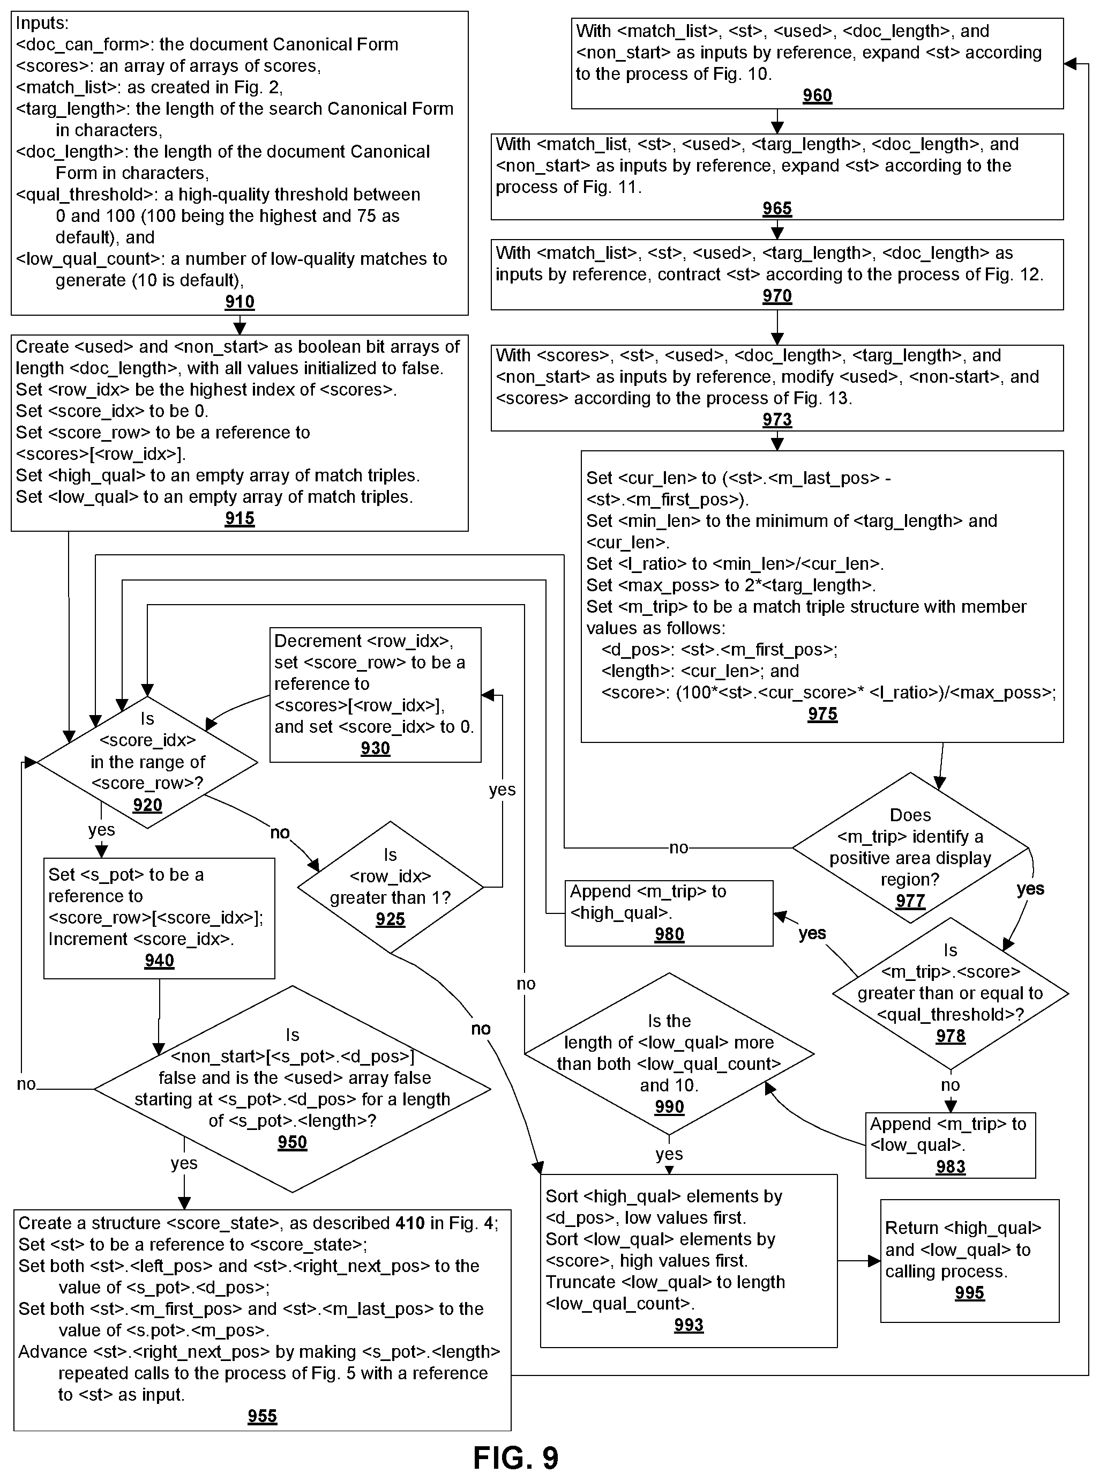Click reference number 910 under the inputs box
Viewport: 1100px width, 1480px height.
[x=240, y=302]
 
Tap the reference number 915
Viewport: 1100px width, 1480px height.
[x=240, y=518]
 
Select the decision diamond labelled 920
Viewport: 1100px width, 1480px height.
[x=147, y=762]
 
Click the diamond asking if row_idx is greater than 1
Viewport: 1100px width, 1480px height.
[x=390, y=887]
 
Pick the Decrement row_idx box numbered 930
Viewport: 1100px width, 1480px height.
[x=376, y=695]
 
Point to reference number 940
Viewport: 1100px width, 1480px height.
[x=159, y=961]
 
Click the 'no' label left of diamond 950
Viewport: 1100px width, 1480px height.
[x=26, y=1084]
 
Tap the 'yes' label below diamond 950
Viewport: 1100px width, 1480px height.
[x=184, y=1163]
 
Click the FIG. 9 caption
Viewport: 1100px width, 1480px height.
[x=516, y=1458]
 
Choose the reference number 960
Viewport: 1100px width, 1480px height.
[x=817, y=95]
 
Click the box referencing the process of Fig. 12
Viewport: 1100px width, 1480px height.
[x=777, y=274]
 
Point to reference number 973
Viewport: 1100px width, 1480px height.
[x=777, y=420]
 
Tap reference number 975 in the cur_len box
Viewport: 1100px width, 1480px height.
[x=822, y=714]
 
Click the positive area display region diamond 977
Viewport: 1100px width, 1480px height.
[x=910, y=848]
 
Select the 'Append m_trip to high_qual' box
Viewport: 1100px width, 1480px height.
[x=669, y=913]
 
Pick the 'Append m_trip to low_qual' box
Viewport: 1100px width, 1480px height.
[x=950, y=1145]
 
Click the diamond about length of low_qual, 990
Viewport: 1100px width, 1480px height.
[x=669, y=1054]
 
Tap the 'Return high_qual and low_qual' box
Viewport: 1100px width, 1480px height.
[x=969, y=1261]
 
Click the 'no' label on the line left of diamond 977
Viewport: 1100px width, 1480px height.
[x=678, y=847]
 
